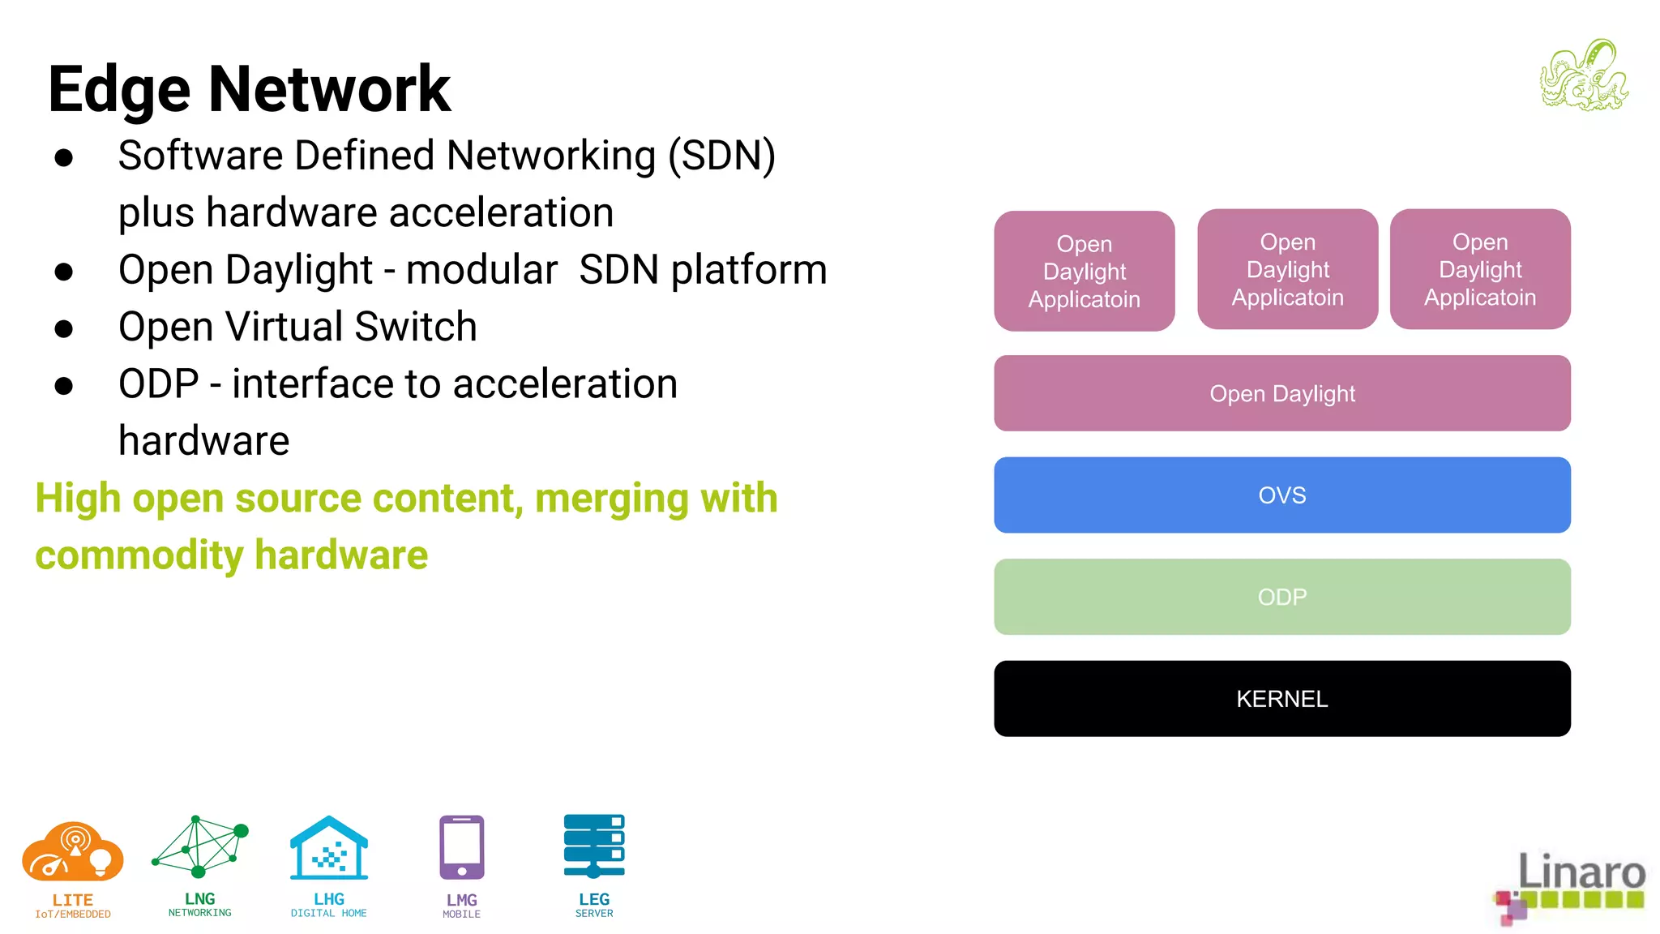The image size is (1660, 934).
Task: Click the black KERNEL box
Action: (x=1281, y=698)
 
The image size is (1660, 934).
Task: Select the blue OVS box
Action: (x=1281, y=495)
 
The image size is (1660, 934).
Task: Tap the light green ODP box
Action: (x=1281, y=597)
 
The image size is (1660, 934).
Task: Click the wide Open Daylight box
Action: (x=1281, y=393)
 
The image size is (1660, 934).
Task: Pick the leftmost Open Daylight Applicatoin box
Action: (x=1084, y=271)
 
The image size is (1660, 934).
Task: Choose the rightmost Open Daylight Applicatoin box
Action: (x=1479, y=269)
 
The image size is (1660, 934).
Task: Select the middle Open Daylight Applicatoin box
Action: (x=1287, y=269)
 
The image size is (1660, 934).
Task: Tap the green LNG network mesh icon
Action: (x=199, y=846)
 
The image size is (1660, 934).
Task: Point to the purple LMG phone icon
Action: (x=461, y=847)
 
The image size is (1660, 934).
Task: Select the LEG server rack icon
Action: (x=594, y=846)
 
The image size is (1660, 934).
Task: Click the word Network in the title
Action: (x=329, y=89)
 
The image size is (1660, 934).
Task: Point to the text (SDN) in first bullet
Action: (x=721, y=156)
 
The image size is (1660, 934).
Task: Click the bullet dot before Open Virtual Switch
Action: (x=64, y=328)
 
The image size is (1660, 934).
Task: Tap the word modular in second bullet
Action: (x=481, y=270)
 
